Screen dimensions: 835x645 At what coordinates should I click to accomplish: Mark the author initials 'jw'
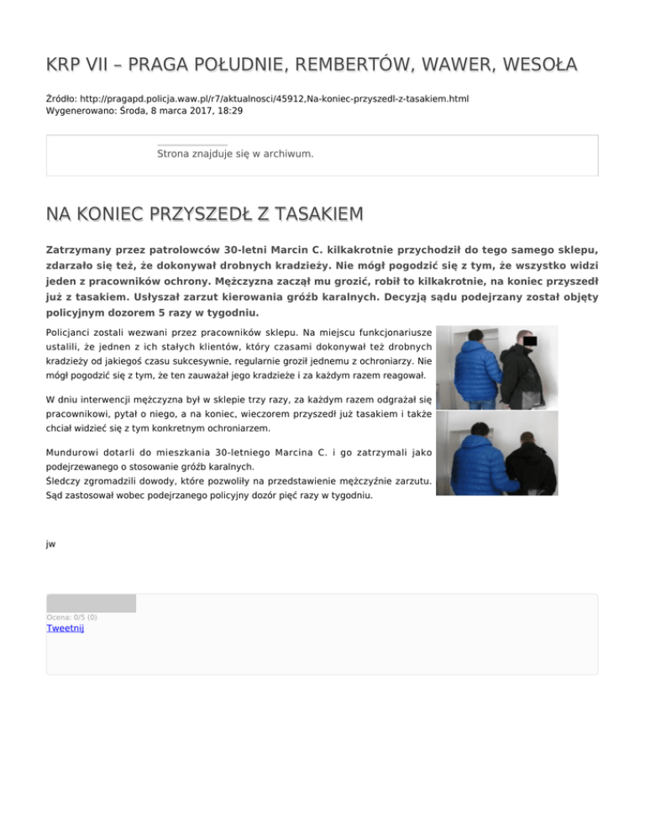point(50,544)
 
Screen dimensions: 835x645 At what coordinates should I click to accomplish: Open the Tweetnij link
point(65,628)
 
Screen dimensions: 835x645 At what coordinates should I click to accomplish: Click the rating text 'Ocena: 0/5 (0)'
point(71,617)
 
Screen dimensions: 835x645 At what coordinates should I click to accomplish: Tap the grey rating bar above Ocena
point(91,603)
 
